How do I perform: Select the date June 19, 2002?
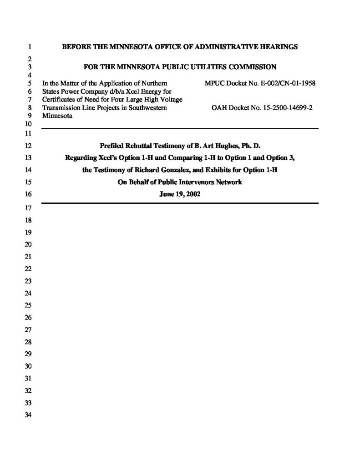tap(179, 193)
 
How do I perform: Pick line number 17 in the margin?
tap(27, 208)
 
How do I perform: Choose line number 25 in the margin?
tap(27, 304)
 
